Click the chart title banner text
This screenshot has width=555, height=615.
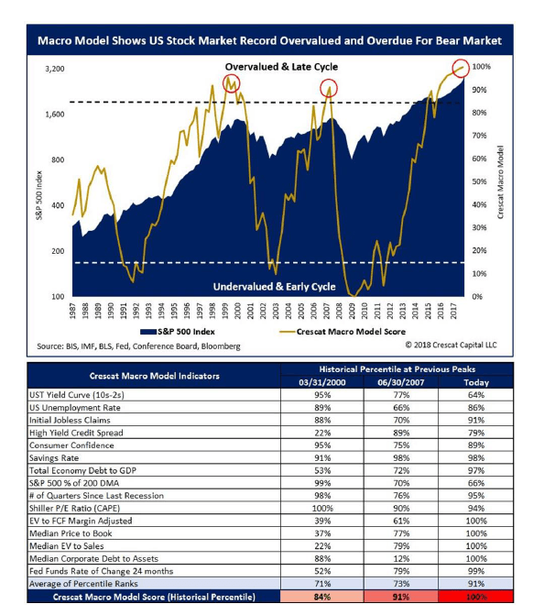click(269, 41)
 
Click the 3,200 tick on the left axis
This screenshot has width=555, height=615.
click(54, 69)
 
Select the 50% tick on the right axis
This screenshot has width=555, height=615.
click(481, 181)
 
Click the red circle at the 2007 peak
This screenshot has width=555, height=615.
click(330, 89)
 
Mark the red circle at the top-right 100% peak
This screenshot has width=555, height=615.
click(459, 67)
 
